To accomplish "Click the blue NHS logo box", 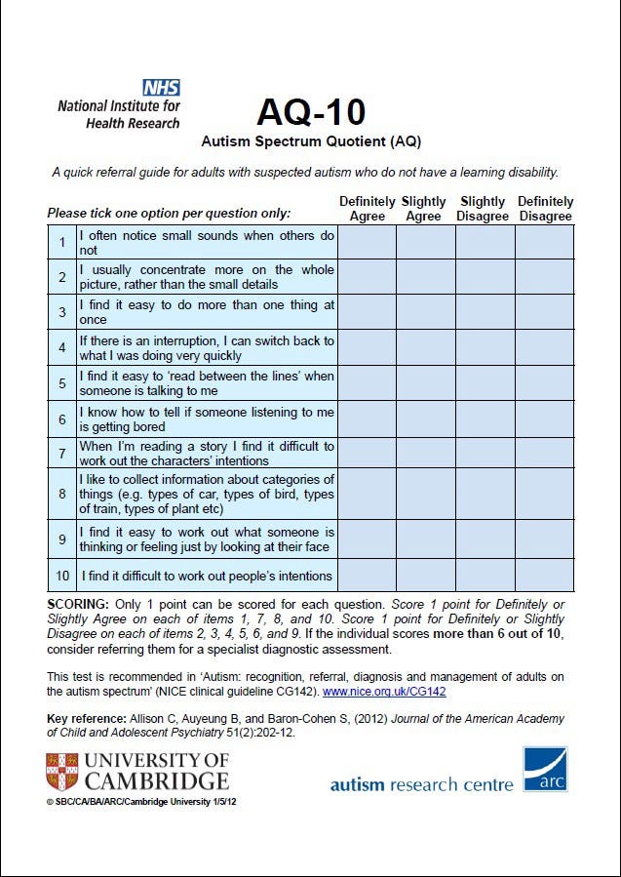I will click(x=161, y=88).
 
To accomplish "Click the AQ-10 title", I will click(x=311, y=112).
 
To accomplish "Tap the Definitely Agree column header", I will click(x=367, y=209).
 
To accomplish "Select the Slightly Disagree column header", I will click(x=485, y=209).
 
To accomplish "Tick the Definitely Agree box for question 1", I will click(x=367, y=243).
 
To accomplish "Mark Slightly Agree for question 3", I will click(x=425, y=312).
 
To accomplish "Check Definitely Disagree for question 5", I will click(x=544, y=383).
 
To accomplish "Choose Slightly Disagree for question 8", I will click(x=485, y=495).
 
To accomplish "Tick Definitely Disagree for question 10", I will click(x=544, y=576).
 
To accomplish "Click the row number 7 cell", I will click(x=62, y=454).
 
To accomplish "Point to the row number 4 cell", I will click(x=62, y=348).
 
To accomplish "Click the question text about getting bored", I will click(x=207, y=419).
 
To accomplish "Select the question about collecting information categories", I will click(x=207, y=495).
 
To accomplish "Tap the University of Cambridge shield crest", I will click(x=61, y=772).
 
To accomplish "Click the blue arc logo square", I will click(x=545, y=771).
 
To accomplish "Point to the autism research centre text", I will click(x=421, y=784).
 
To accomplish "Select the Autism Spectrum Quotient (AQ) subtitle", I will click(x=311, y=141).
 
